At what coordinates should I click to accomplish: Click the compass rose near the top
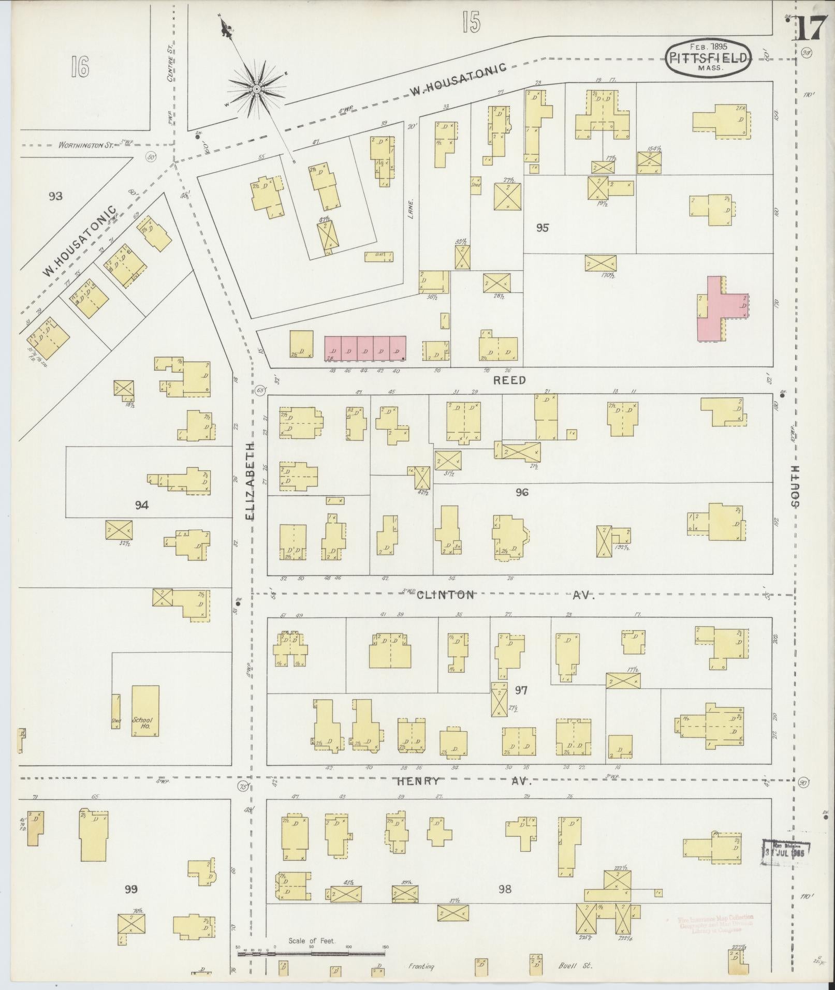[256, 89]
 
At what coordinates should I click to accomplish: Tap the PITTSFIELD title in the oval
[707, 58]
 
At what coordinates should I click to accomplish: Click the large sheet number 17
[810, 28]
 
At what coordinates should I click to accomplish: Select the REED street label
[509, 380]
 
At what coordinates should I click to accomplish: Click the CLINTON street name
[445, 595]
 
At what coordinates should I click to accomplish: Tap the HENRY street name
[419, 781]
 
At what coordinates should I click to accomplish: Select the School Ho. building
[145, 711]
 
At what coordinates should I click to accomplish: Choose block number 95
[542, 228]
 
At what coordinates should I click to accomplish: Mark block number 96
[522, 492]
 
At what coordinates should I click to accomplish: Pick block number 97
[521, 690]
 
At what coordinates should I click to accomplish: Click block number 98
[505, 889]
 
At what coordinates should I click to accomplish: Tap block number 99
[131, 889]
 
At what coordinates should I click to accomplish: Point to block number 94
[141, 505]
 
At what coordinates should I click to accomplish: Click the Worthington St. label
[85, 145]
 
